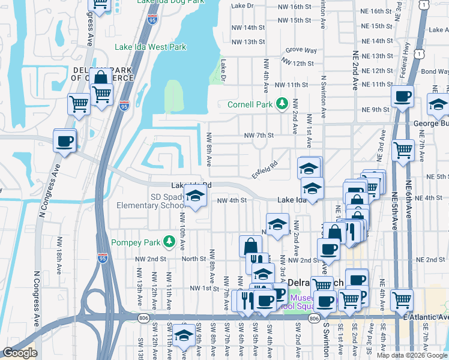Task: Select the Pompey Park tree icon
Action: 169,241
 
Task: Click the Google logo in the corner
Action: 19,353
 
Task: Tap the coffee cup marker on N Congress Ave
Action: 64,142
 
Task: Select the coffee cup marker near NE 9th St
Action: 402,96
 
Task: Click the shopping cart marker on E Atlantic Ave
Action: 402,298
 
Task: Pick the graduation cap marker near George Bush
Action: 438,105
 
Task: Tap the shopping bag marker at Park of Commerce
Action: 100,77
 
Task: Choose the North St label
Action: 194,259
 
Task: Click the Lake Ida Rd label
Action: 191,185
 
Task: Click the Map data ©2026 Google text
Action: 412,355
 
